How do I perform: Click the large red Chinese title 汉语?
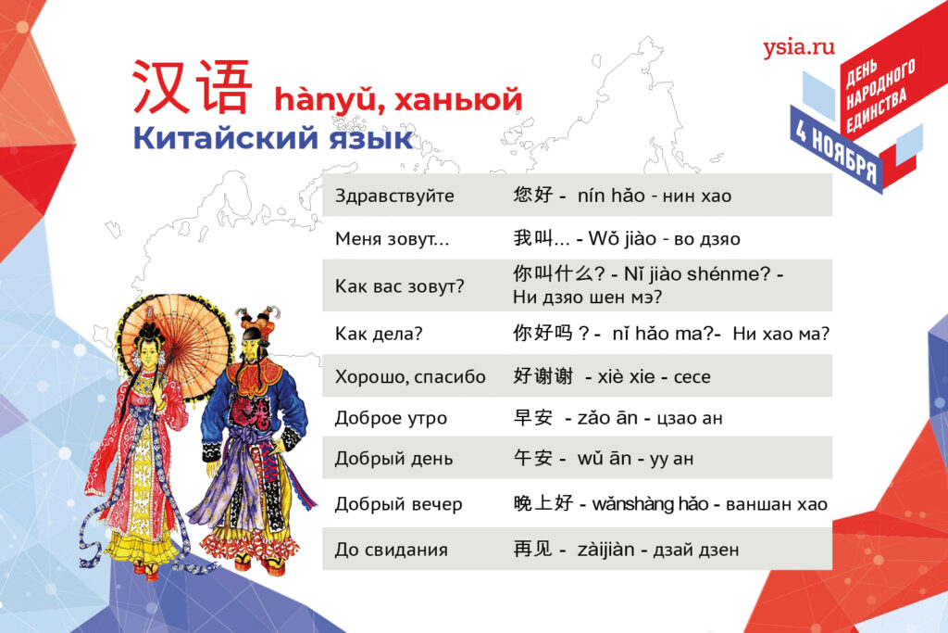click(191, 86)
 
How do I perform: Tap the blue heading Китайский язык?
click(273, 137)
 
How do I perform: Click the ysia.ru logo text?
click(799, 47)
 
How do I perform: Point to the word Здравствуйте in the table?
click(394, 196)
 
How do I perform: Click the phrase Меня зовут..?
click(392, 238)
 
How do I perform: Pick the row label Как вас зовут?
click(400, 285)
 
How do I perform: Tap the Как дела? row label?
click(379, 334)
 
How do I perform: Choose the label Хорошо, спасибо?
click(410, 376)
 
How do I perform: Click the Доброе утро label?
click(392, 418)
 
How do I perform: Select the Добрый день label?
click(393, 458)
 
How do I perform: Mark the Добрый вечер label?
click(398, 503)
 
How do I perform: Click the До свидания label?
click(392, 550)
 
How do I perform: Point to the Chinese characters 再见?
click(532, 549)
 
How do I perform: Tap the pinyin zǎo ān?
click(607, 418)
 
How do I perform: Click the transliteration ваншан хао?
click(777, 504)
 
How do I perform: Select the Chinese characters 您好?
click(532, 195)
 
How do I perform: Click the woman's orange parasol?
click(175, 345)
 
